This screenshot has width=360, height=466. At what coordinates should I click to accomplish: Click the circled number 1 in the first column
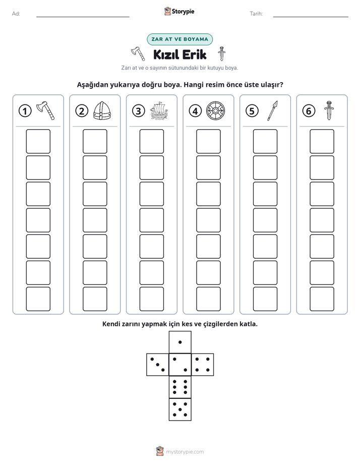coord(25,111)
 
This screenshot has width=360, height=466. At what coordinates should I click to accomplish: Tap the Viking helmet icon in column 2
coord(102,110)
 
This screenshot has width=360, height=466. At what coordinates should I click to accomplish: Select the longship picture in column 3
coord(159,110)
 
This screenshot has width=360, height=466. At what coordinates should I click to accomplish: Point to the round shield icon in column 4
coord(216,111)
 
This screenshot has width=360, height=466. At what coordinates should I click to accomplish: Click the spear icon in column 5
coord(272,110)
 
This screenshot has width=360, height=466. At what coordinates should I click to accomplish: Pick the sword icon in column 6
coord(329,110)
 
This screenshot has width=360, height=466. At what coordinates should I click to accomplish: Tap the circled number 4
coord(195,111)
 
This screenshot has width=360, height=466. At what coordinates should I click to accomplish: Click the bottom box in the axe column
coord(38,299)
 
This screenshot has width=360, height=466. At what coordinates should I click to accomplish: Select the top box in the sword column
coord(322,141)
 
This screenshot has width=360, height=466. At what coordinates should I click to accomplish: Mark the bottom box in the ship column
coord(151,299)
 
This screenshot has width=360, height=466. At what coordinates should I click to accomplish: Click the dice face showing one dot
coord(180,342)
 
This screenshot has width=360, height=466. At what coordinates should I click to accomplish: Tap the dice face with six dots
coord(180,387)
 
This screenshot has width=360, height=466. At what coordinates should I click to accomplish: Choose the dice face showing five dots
coord(180,410)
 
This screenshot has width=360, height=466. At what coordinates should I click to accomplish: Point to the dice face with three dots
coord(158,365)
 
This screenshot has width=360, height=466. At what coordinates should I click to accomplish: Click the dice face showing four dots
coord(203,365)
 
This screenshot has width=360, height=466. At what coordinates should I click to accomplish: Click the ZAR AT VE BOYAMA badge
coord(179,39)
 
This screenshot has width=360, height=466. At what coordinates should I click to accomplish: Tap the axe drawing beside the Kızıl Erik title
coord(138,53)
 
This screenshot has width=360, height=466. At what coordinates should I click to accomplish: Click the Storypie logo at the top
coord(179,11)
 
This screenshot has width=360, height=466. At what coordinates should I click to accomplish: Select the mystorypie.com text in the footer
coord(185,452)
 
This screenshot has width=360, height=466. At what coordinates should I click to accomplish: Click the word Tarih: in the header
coord(256,14)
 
